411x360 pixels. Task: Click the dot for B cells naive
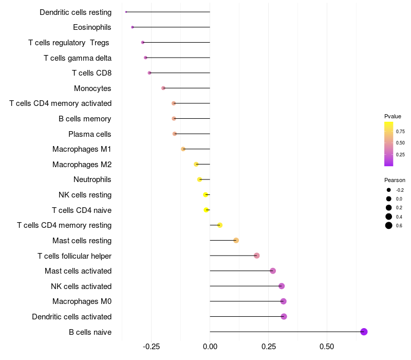pyautogui.click(x=364, y=332)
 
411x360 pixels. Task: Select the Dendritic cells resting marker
pyautogui.click(x=126, y=12)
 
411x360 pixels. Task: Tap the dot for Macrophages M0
pyautogui.click(x=283, y=301)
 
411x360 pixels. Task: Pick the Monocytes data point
pyautogui.click(x=163, y=88)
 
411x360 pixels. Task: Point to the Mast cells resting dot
pyautogui.click(x=236, y=240)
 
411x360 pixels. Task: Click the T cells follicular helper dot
pyautogui.click(x=256, y=256)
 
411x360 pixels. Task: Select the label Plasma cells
pyautogui.click(x=89, y=134)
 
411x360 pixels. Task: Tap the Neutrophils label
pyautogui.click(x=92, y=179)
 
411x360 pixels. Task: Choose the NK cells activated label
pyautogui.click(x=81, y=286)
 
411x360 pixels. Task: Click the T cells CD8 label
pyautogui.click(x=91, y=73)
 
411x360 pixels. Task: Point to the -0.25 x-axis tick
pyautogui.click(x=151, y=347)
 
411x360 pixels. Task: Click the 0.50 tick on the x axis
pyautogui.click(x=327, y=347)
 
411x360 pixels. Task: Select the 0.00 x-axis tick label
pyautogui.click(x=210, y=347)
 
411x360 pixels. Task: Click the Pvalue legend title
pyautogui.click(x=393, y=116)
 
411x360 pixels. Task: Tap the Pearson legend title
pyautogui.click(x=395, y=181)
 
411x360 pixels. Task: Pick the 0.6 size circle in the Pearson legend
pyautogui.click(x=389, y=225)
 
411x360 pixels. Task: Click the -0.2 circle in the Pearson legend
pyautogui.click(x=389, y=190)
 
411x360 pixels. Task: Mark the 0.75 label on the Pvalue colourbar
pyautogui.click(x=400, y=131)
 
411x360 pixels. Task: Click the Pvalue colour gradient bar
pyautogui.click(x=389, y=144)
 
